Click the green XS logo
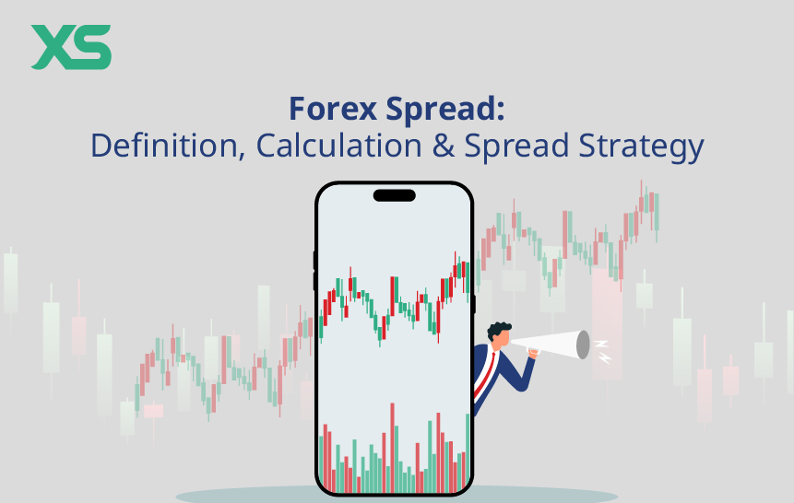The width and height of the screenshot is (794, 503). point(71,47)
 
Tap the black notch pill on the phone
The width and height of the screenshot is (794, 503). point(394,195)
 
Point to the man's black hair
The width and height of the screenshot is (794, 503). point(499,329)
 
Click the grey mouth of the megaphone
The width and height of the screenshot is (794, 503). point(583,345)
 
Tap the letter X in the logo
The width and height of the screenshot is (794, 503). point(52,47)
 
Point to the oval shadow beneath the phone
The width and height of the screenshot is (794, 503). point(397,496)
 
